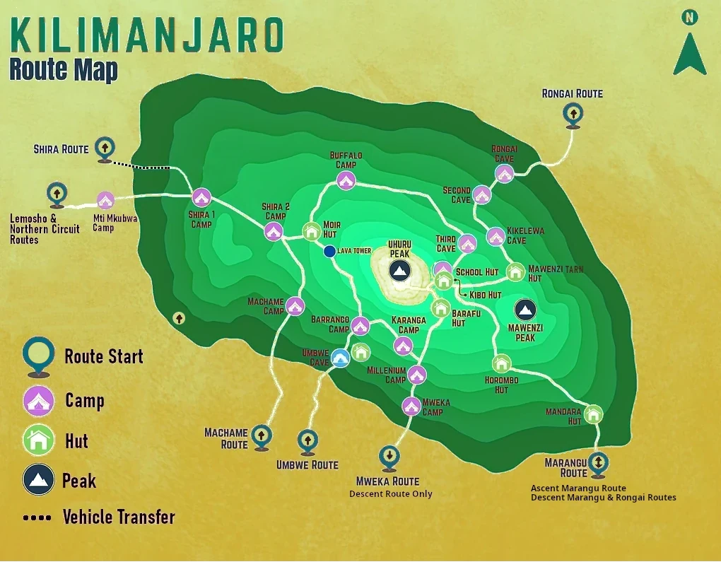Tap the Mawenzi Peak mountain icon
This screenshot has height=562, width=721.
pos(524,309)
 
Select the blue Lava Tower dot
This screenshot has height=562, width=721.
pos(329,251)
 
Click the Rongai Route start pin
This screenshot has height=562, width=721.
pos(572,115)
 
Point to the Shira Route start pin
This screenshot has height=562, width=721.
pos(105,148)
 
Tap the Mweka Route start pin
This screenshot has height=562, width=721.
pos(388,457)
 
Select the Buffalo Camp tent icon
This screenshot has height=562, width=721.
pos(346,180)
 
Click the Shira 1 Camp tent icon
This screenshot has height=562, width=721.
pos(201,198)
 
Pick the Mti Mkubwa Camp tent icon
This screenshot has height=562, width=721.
pos(105,201)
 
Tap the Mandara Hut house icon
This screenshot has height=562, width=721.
pos(593,414)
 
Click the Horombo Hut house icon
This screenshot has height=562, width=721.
pos(501,363)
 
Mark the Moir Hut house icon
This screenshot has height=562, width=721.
pos(312,231)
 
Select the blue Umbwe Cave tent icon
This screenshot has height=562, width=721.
pos(341,358)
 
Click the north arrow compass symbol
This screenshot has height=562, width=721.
pos(689,46)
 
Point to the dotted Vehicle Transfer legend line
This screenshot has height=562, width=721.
pos(37,517)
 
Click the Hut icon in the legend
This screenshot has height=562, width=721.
pos(39,441)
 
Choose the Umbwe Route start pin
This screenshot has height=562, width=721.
pos(307,441)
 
